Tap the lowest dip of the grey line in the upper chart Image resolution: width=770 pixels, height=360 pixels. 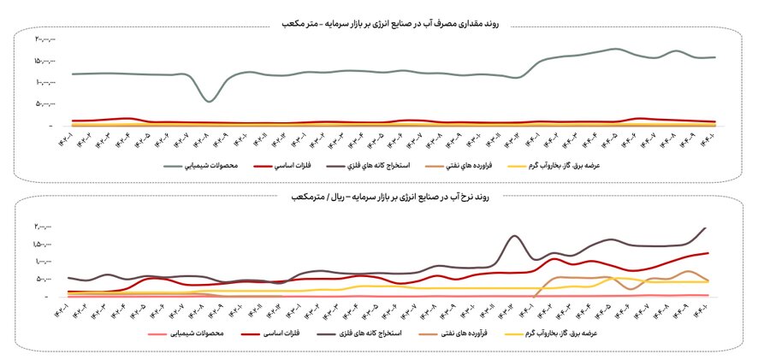click(209, 102)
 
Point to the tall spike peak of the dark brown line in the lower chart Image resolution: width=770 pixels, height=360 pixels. click(514, 236)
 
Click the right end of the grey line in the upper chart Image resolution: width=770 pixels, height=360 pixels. click(715, 57)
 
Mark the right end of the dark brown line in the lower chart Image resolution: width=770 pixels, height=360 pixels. click(707, 227)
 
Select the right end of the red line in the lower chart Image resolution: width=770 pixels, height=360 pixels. click(708, 252)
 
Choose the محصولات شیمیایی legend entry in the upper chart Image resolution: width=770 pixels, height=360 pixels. click(203, 164)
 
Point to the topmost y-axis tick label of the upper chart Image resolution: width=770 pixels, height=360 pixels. click(44, 39)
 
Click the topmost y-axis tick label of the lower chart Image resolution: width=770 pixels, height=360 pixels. click(45, 227)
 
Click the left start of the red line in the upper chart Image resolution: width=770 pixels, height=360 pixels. click(73, 121)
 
